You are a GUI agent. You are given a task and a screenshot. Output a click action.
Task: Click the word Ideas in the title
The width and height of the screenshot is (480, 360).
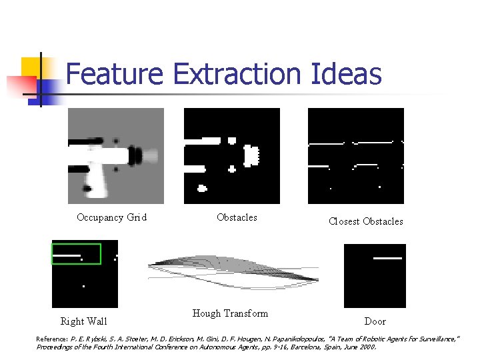[x=346, y=73]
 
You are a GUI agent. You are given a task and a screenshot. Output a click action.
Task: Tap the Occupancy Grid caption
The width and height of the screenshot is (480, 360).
[x=111, y=217]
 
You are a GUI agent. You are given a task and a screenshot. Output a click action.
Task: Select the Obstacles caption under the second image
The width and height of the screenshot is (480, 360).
[x=237, y=217]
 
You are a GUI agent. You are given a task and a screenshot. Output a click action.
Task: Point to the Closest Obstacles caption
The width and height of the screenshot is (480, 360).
[x=365, y=221]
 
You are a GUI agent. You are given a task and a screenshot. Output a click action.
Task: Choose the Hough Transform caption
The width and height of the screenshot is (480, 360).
[x=230, y=313]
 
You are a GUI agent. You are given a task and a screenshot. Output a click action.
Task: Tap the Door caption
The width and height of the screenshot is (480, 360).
[x=375, y=321]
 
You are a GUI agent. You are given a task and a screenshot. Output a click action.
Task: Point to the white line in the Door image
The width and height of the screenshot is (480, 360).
[x=387, y=257]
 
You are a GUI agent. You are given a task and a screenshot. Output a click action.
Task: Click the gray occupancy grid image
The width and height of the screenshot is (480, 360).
[x=115, y=155]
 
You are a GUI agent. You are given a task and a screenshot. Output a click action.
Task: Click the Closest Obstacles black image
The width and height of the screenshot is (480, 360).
[x=355, y=155]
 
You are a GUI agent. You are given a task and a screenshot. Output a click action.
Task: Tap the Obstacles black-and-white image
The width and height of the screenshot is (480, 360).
[x=231, y=155]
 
